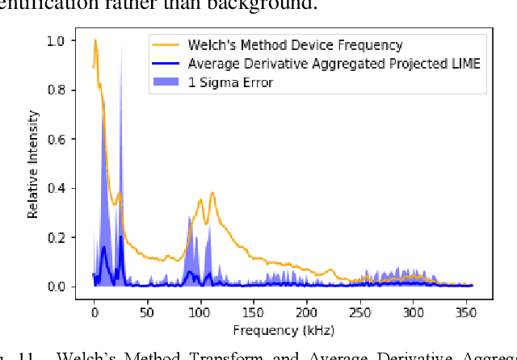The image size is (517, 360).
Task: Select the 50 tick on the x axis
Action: pos(147,312)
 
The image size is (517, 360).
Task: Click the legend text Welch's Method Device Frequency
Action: pos(295,45)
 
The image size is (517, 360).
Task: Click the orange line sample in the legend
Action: pos(166,45)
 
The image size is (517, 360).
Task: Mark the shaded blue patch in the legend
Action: pos(166,82)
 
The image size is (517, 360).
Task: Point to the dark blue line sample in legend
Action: pos(166,63)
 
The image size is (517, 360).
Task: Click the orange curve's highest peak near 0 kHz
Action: pos(95,40)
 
